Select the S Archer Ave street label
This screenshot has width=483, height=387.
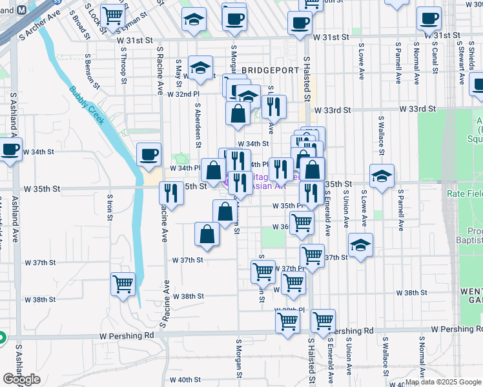pyautogui.click(x=39, y=25)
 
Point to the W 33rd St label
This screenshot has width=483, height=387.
pyautogui.click(x=333, y=110)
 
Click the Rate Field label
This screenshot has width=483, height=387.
pyautogui.click(x=464, y=193)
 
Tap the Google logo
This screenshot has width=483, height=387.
pyautogui.click(x=21, y=379)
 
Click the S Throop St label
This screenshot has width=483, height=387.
pyautogui.click(x=123, y=68)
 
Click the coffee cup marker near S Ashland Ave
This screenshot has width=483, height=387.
pyautogui.click(x=11, y=150)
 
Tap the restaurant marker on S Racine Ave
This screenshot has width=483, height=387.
pyautogui.click(x=172, y=192)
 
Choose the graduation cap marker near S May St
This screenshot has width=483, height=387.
pyautogui.click(x=201, y=66)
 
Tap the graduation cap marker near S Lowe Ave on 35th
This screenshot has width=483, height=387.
pyautogui.click(x=382, y=175)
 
